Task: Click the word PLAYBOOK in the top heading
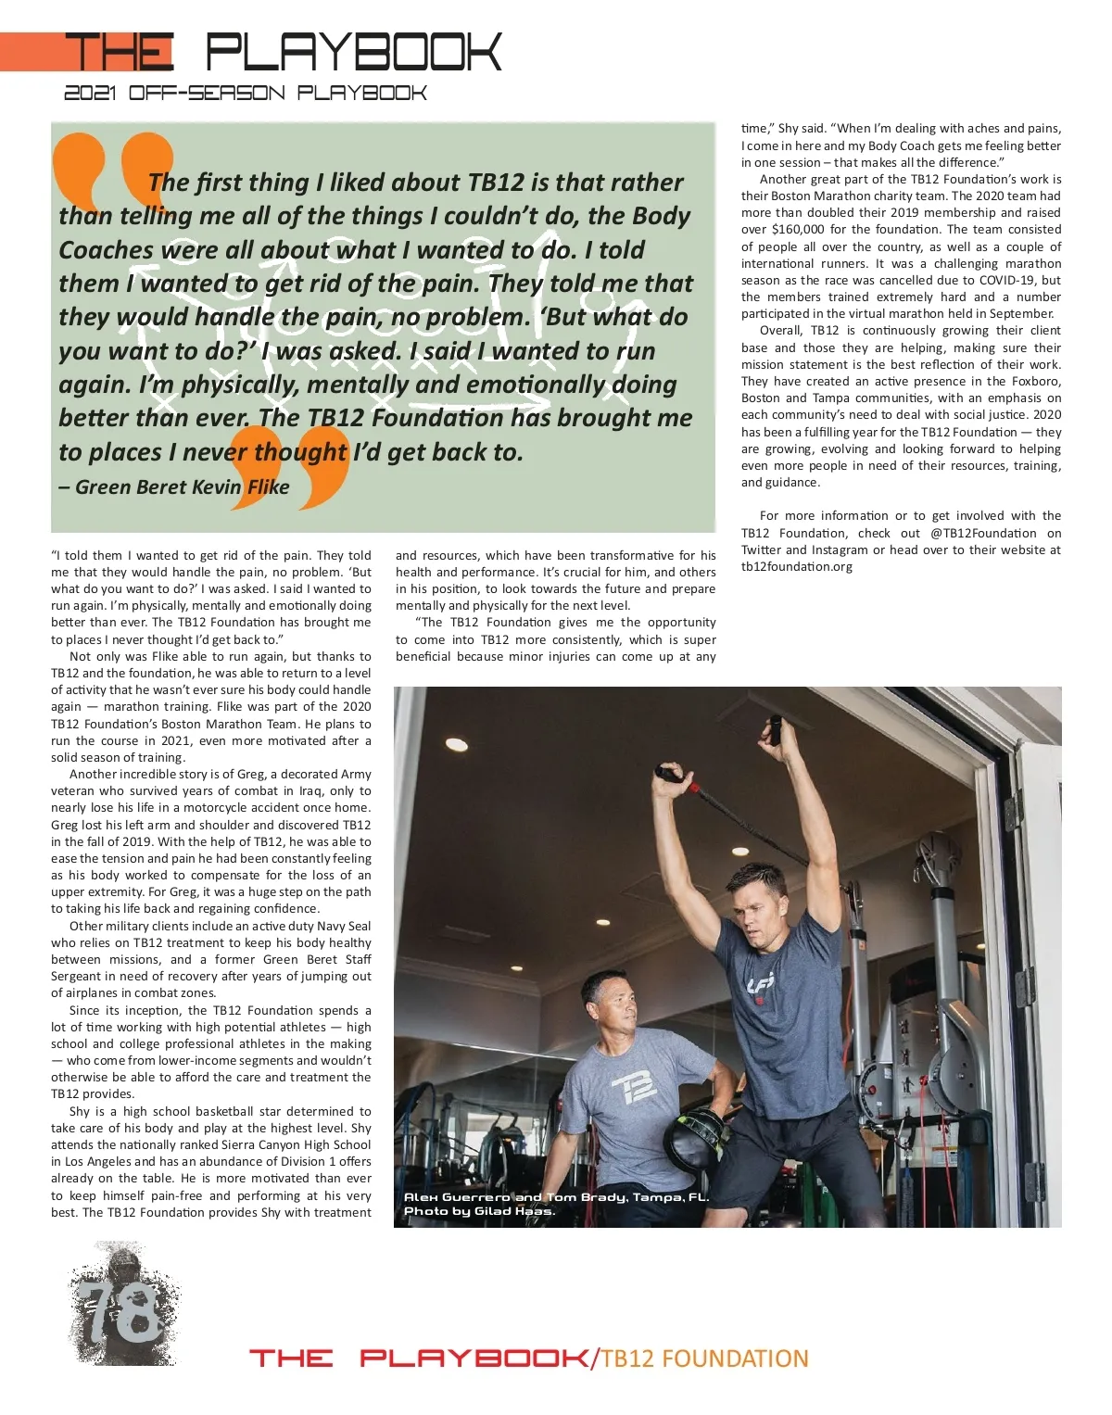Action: (x=353, y=53)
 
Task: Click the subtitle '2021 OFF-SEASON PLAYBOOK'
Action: (x=246, y=94)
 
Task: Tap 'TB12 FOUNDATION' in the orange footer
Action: (x=704, y=1358)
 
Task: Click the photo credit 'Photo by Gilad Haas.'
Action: (x=479, y=1211)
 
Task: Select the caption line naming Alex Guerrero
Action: (x=556, y=1197)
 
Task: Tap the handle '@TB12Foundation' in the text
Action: (x=983, y=534)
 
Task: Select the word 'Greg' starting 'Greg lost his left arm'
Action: (x=64, y=825)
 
